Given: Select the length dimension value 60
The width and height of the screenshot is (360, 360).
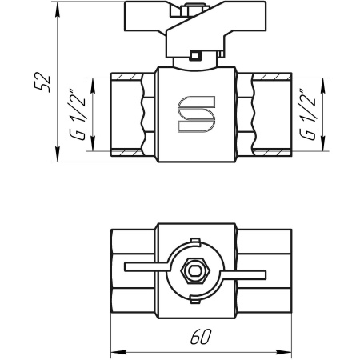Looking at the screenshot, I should (201, 338).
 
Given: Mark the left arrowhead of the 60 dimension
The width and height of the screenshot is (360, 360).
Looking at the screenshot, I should (113, 350).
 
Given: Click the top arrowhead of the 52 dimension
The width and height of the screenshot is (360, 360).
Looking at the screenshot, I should (58, 7).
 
